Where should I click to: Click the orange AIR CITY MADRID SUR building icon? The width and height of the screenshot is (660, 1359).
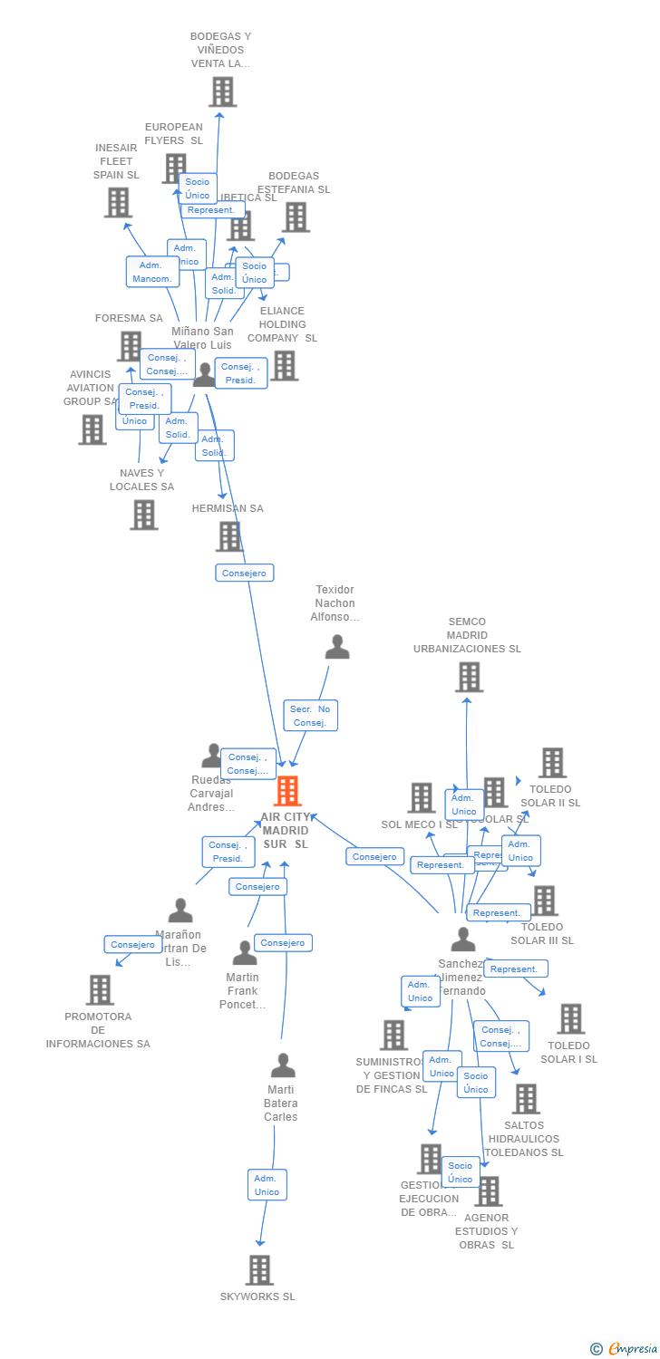(x=286, y=791)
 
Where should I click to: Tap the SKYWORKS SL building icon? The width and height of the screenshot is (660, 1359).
(x=259, y=1269)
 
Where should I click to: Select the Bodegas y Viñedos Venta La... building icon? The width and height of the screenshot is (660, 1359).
(x=222, y=92)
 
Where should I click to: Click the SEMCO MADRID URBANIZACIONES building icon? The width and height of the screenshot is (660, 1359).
(x=469, y=677)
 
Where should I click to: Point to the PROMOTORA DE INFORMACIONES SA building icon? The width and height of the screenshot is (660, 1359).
(x=100, y=989)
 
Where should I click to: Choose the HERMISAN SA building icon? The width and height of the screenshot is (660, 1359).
(x=229, y=536)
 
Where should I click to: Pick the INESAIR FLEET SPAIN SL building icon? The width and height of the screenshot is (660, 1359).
(x=118, y=202)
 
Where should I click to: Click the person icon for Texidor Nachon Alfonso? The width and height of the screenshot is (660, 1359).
(x=337, y=647)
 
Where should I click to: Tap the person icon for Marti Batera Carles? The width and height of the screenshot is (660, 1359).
(x=283, y=1065)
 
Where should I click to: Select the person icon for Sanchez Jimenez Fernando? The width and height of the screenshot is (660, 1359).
(x=463, y=940)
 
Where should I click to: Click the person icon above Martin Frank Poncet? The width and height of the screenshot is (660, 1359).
(x=245, y=953)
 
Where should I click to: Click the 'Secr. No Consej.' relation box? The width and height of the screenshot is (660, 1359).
(x=310, y=716)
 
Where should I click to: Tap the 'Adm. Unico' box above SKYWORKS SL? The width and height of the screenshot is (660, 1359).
(x=267, y=1185)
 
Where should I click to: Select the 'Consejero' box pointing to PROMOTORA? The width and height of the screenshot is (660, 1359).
(x=132, y=944)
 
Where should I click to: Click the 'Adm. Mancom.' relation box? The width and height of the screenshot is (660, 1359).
(x=151, y=272)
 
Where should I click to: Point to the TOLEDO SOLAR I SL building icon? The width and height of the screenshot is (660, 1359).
(x=570, y=1019)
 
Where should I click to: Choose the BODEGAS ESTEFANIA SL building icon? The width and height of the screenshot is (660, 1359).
(x=296, y=217)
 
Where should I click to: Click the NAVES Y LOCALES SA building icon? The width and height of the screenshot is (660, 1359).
(x=143, y=515)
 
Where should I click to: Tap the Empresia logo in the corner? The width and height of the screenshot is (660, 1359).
(x=625, y=1349)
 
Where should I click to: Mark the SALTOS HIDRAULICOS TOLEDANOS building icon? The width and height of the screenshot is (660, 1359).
(x=525, y=1099)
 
